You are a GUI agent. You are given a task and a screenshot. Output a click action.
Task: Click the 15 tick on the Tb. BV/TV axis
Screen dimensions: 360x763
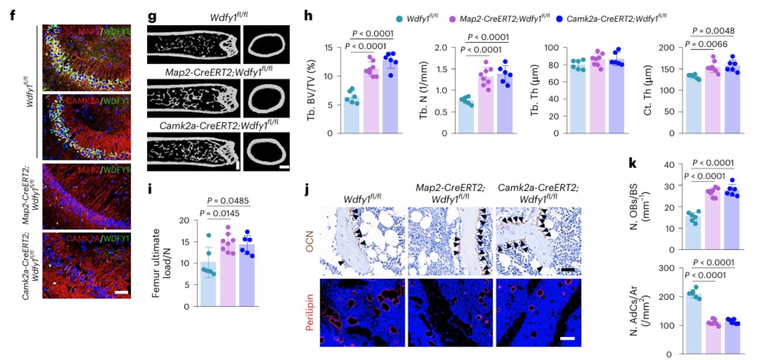point(331,47)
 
